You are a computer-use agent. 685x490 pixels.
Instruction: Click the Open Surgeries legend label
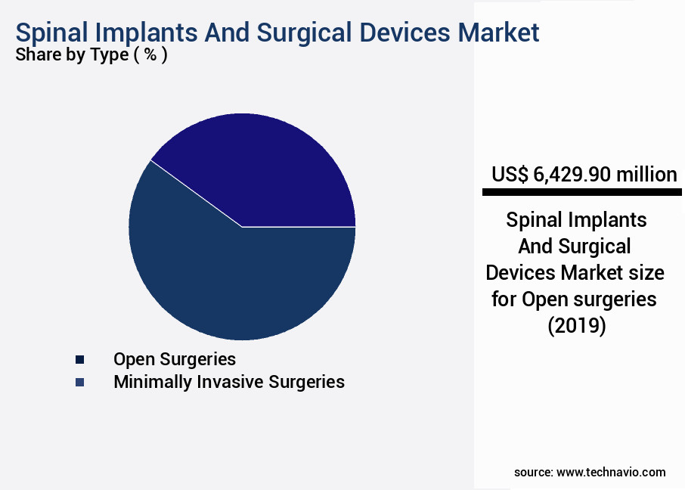click(174, 358)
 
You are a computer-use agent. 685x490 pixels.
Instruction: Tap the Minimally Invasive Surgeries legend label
click(228, 382)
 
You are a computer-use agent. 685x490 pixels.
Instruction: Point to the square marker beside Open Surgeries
click(79, 359)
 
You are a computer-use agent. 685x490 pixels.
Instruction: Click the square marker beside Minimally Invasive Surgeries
click(79, 383)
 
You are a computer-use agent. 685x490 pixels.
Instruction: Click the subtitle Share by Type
click(72, 55)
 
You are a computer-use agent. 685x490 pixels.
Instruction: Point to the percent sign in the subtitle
click(150, 55)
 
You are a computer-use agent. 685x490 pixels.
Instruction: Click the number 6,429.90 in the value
click(572, 175)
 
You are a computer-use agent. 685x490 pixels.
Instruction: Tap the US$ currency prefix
click(510, 175)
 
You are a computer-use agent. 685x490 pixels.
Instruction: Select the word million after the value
click(646, 175)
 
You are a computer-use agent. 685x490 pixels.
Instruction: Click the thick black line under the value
click(581, 193)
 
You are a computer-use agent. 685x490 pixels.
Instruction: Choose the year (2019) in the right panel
click(576, 327)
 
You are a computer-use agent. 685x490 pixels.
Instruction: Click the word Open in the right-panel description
click(541, 299)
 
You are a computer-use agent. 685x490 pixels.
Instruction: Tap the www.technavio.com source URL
click(611, 472)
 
